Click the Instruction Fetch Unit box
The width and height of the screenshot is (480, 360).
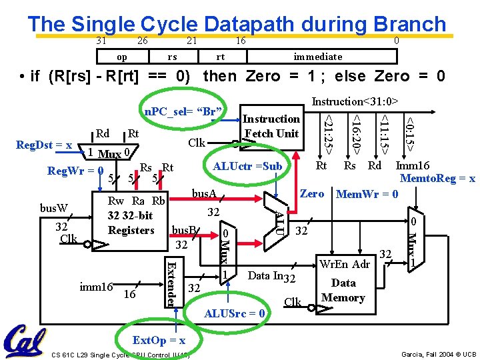pos(271,126)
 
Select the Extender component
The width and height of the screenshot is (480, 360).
pos(171,283)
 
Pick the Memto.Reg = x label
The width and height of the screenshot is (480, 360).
pos(437,179)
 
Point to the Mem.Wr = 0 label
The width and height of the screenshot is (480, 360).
pos(367,195)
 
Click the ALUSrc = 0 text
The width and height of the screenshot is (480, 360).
pos(235,313)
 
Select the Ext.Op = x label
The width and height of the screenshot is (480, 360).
pos(159,341)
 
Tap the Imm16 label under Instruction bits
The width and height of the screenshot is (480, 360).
pos(413,166)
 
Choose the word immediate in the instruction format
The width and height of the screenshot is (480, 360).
pos(317,57)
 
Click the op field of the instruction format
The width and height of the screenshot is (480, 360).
pos(121,57)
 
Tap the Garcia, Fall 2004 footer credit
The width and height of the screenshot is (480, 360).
pos(438,353)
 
